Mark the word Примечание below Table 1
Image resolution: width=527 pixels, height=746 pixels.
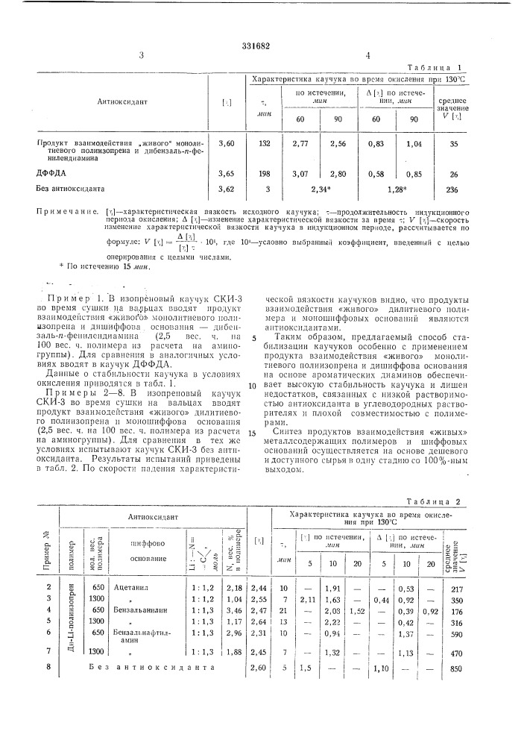coord(66,213)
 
